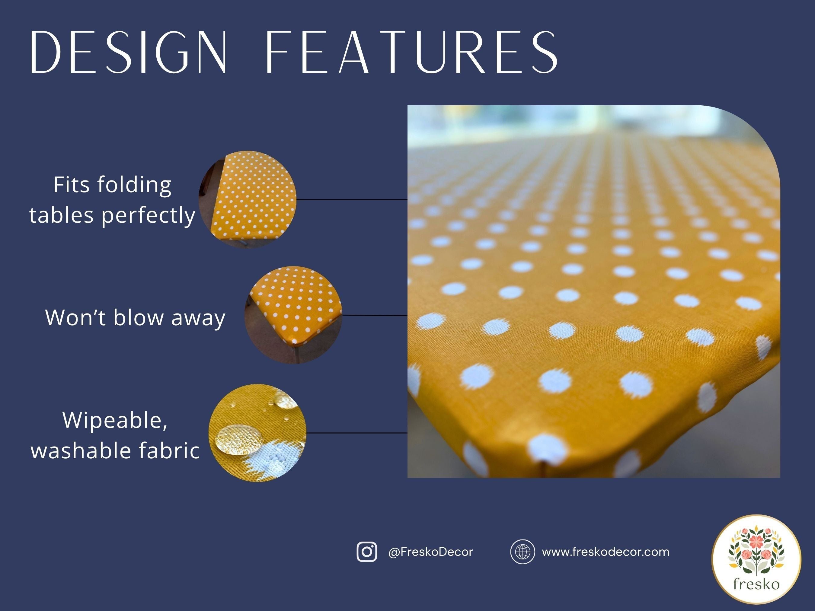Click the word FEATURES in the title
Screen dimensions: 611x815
(x=411, y=52)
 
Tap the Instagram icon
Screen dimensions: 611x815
(x=367, y=552)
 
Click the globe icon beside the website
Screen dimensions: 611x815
(x=522, y=552)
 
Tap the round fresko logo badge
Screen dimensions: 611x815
(x=756, y=559)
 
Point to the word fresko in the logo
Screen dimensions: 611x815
(x=756, y=584)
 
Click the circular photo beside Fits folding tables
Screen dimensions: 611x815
(x=248, y=199)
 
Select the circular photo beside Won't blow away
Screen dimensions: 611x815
(x=293, y=315)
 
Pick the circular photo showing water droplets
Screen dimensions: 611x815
(x=257, y=433)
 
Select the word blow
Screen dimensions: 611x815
(x=138, y=317)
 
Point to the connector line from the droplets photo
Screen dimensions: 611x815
(x=357, y=433)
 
